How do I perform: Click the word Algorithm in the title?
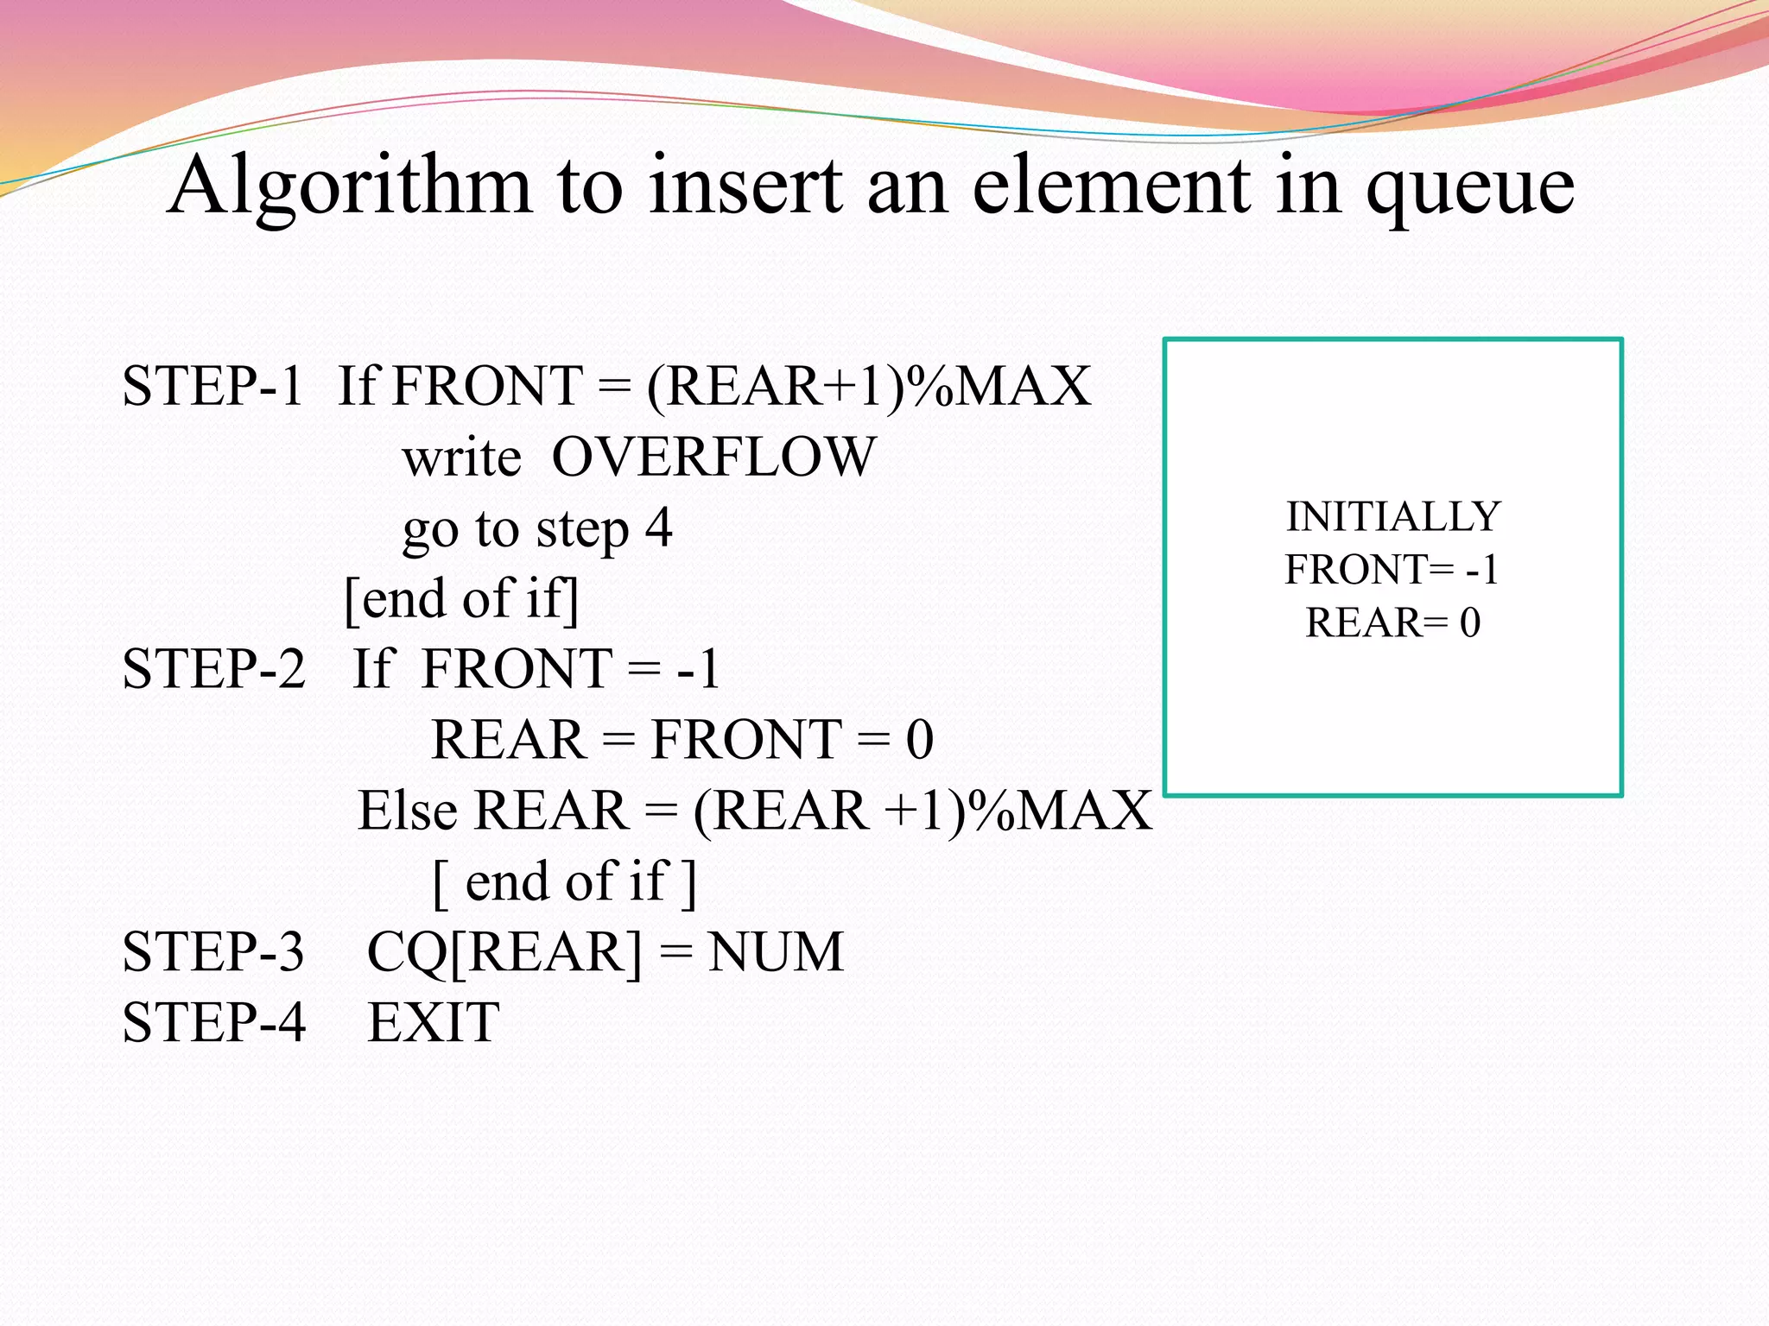[x=349, y=186]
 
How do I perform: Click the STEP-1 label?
[x=212, y=386]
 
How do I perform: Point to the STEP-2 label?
[x=213, y=669]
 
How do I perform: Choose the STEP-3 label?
[x=213, y=952]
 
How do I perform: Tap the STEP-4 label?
[x=213, y=1023]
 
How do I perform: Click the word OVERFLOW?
[x=713, y=457]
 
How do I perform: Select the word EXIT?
[x=434, y=1023]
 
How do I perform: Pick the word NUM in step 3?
[x=775, y=952]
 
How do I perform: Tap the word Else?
[x=407, y=811]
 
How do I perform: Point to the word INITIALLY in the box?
[x=1392, y=517]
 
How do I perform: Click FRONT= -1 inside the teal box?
[x=1391, y=570]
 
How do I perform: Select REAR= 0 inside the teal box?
[x=1392, y=623]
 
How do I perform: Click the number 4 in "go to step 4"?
[x=658, y=527]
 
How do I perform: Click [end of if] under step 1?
[x=461, y=599]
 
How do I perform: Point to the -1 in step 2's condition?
[x=699, y=669]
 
